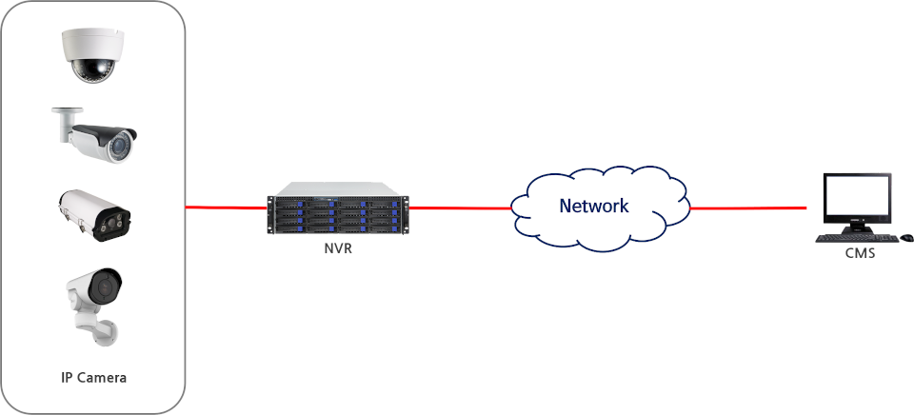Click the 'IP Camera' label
pos(93,377)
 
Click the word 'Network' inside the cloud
pos(594,206)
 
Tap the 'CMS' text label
pos(860,253)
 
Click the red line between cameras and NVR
pos(226,206)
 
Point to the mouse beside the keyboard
pos(905,237)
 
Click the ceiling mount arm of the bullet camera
pos(63,123)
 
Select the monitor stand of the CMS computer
pos(856,229)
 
